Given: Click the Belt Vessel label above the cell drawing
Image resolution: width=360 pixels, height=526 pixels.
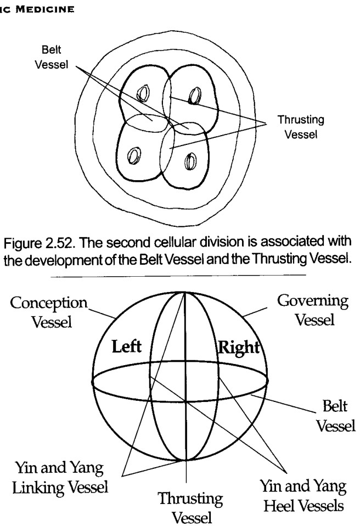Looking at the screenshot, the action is coord(51,57).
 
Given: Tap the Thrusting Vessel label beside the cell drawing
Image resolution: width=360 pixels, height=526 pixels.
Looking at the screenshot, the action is coord(301,127).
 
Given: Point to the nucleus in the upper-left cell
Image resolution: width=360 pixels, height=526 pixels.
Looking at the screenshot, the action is coord(143,93).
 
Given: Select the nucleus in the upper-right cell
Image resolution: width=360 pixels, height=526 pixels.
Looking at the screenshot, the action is coord(194,96).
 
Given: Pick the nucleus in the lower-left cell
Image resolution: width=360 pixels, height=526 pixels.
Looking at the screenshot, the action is coord(134,156).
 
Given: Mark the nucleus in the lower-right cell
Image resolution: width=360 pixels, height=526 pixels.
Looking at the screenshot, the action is coord(190,161).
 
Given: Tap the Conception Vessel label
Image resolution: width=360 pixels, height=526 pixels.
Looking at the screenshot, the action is coord(49,312).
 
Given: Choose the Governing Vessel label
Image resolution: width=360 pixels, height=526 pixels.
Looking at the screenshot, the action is coord(313,310).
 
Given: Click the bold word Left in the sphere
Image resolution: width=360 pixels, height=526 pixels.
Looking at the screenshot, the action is coord(126,346).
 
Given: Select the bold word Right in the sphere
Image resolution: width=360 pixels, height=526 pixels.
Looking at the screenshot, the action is coord(239,348).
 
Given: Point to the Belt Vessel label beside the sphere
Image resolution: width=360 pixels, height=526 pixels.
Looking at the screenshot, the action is coord(335,416).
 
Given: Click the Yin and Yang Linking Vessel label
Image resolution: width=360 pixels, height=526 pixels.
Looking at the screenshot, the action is coord(60,478).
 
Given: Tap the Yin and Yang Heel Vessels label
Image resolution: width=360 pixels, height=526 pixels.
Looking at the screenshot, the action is coord(303,496).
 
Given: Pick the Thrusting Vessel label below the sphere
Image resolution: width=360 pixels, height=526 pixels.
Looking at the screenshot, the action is coord(190,507).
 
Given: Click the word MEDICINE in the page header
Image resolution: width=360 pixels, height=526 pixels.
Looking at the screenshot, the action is coord(45,9).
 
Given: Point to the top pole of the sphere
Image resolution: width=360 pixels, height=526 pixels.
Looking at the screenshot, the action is coord(185,292).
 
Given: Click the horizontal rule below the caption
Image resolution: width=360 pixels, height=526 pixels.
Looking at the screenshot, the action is coord(178,276).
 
